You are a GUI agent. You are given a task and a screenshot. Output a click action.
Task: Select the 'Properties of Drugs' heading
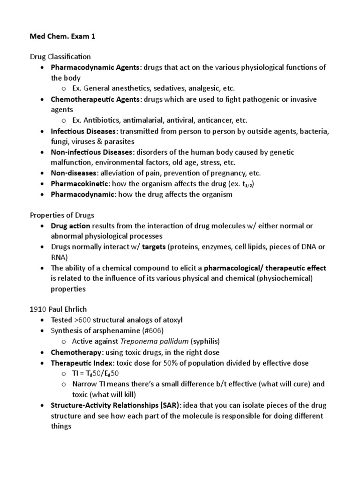point(62,215)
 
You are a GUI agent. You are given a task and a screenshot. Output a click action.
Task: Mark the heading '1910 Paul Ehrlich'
point(59,309)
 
